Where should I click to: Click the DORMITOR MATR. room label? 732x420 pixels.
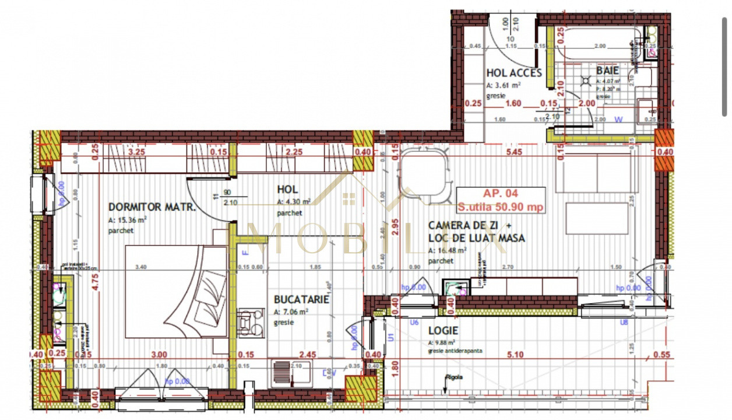coord(151,207)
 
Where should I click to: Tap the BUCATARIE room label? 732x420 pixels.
coord(302,300)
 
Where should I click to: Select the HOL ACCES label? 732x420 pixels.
coord(514,73)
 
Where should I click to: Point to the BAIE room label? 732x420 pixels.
coord(607,71)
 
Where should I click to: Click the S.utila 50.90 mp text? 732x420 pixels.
coord(501,206)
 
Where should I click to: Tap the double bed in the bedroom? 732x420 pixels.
coord(176,291)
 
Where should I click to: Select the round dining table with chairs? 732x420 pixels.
coord(424,173)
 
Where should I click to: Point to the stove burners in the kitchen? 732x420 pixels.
coord(251,321)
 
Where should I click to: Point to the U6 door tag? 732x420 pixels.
coord(415,322)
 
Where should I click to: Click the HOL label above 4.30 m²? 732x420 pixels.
coord(287,190)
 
